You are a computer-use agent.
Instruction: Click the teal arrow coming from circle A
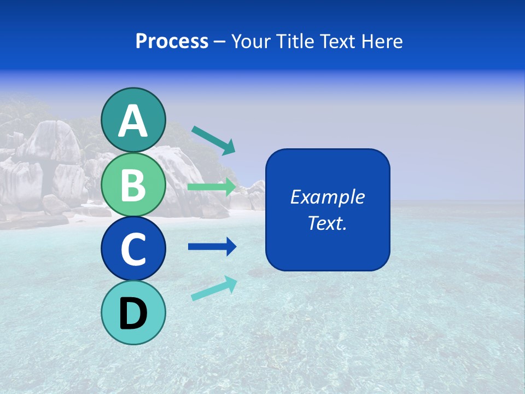(213, 140)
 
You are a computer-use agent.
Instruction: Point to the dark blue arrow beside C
(212, 247)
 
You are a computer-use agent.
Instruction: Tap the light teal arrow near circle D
(214, 288)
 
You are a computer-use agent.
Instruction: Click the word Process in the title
(172, 42)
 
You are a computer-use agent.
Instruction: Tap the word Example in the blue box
(327, 197)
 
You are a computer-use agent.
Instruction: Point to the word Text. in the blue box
(327, 223)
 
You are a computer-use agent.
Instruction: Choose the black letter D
(133, 313)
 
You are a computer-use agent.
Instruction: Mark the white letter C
(133, 250)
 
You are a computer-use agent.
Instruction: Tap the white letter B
(133, 185)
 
